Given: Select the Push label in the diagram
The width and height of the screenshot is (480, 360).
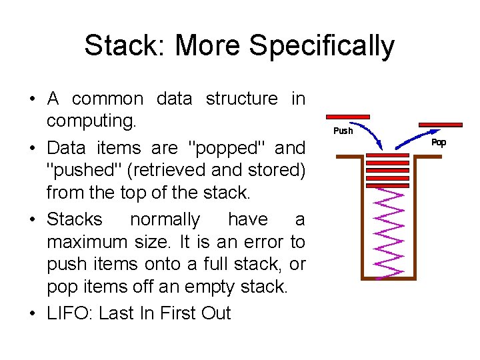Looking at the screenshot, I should click(343, 131).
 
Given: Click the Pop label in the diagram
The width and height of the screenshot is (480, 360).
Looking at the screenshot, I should click(439, 142).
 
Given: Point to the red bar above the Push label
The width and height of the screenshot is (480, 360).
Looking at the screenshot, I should click(347, 117).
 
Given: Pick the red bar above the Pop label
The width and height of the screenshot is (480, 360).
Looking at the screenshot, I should click(440, 125).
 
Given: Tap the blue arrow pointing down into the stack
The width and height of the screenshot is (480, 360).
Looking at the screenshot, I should click(373, 133).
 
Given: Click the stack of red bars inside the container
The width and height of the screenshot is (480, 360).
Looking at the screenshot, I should click(388, 170).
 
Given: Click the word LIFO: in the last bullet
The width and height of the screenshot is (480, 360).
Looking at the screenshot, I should click(69, 313).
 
